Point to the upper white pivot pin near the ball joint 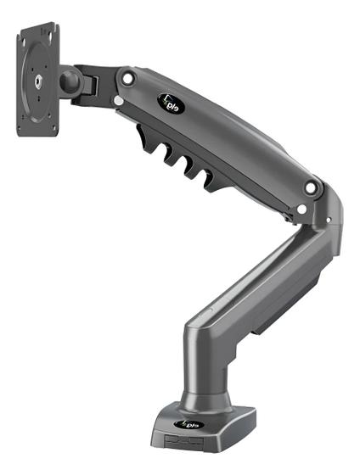tap(127, 78)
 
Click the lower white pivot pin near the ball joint tap(118, 102)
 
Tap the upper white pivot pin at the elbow tap(312, 187)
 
